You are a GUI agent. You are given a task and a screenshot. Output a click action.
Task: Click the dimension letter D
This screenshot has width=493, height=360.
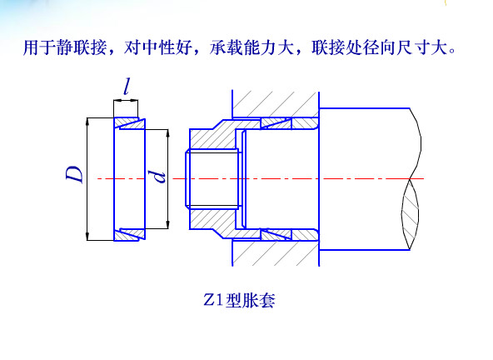pos(75,174)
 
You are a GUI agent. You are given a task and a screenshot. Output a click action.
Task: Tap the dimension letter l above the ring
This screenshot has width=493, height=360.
pos(127,87)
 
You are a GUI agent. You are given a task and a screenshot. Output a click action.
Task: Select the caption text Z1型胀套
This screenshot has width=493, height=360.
pos(239,300)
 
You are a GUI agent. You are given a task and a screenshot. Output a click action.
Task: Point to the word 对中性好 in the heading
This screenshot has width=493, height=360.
pos(158,47)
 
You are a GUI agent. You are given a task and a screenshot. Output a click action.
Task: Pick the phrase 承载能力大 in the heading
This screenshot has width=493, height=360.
pos(251,47)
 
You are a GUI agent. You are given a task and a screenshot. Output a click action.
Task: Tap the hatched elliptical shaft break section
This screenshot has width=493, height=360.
pos(411,214)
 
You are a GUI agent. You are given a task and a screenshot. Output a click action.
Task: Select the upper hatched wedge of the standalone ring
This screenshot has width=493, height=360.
pos(129,123)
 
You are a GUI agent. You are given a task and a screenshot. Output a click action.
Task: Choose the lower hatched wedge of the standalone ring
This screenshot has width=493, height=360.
pos(129,234)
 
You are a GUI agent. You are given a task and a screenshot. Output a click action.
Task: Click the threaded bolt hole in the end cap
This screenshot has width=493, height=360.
pos(213,179)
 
